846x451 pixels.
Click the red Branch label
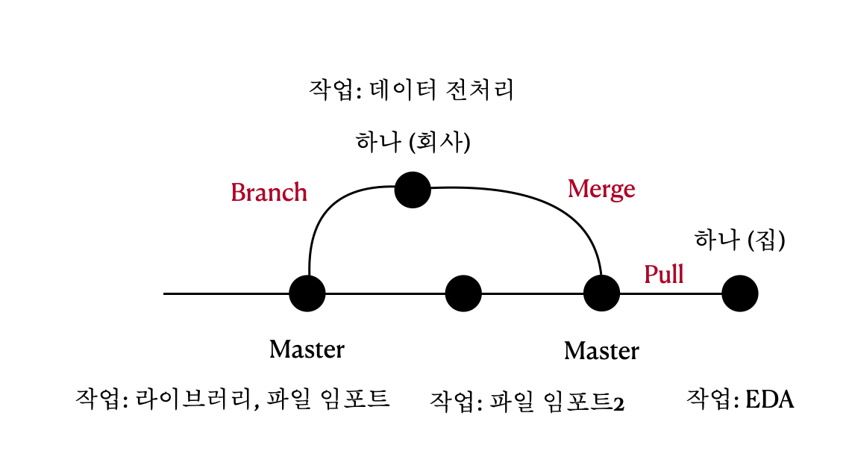269,192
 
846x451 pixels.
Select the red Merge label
601,189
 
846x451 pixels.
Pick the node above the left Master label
307,293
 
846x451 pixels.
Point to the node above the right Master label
601,293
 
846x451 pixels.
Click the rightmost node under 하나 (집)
740,293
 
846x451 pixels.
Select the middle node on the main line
463,293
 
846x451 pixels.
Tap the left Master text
307,349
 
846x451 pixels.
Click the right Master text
601,350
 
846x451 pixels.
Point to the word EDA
769,399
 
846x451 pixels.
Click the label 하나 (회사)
413,142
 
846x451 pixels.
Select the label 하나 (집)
740,240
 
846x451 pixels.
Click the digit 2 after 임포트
618,404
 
